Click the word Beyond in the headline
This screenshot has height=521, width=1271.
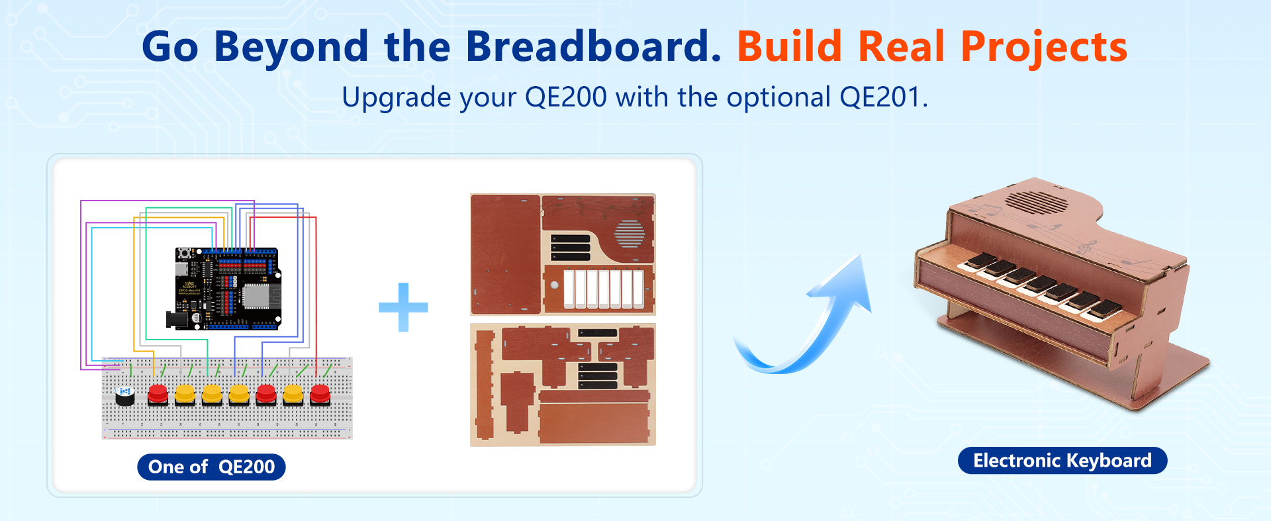[x=291, y=48]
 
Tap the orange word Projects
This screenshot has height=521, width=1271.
[x=1044, y=48]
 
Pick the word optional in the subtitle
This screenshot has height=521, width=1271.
[x=778, y=98]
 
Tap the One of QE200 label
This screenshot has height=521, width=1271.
[x=211, y=467]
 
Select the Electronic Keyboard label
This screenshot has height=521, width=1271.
[x=1062, y=460]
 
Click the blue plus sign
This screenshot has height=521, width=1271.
[x=403, y=307]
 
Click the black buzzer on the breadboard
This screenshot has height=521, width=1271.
[x=124, y=396]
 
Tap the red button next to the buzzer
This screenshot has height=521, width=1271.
[x=158, y=395]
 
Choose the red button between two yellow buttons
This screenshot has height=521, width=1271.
[x=266, y=395]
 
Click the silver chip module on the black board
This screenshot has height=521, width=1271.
[x=256, y=295]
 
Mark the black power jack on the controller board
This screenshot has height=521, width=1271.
[x=177, y=320]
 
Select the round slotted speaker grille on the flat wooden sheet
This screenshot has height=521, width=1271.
[x=630, y=233]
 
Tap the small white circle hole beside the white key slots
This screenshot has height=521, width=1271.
[x=554, y=285]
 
